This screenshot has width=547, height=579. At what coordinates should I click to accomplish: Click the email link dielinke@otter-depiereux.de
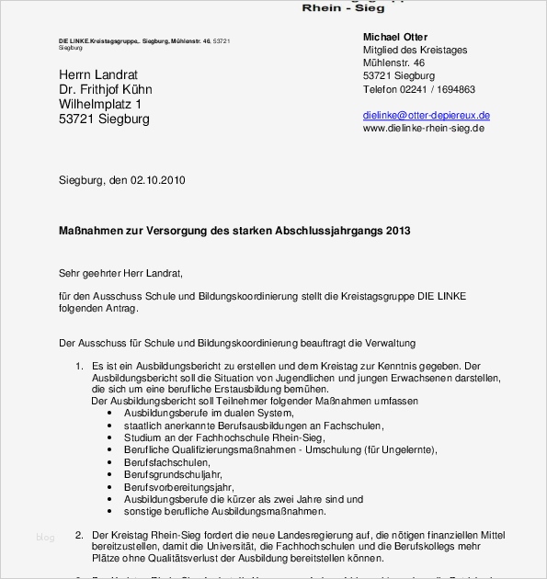click(426, 116)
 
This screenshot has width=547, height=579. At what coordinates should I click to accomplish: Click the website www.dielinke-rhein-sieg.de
click(423, 129)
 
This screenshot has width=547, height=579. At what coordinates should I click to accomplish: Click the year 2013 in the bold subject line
click(398, 230)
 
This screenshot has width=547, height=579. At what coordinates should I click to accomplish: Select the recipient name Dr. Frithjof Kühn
click(106, 90)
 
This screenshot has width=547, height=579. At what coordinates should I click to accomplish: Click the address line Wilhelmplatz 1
click(100, 105)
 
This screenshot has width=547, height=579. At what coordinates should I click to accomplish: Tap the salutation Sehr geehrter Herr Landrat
click(120, 273)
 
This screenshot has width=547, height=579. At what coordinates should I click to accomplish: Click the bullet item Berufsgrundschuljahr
click(174, 474)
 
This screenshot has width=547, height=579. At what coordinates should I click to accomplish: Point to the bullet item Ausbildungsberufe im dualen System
click(197, 414)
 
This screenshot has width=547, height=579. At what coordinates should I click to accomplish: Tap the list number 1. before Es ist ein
click(79, 367)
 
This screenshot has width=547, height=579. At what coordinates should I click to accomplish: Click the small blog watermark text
click(45, 537)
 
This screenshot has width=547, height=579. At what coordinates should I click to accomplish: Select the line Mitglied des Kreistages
click(415, 50)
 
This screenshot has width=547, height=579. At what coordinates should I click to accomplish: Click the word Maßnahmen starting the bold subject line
click(89, 230)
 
